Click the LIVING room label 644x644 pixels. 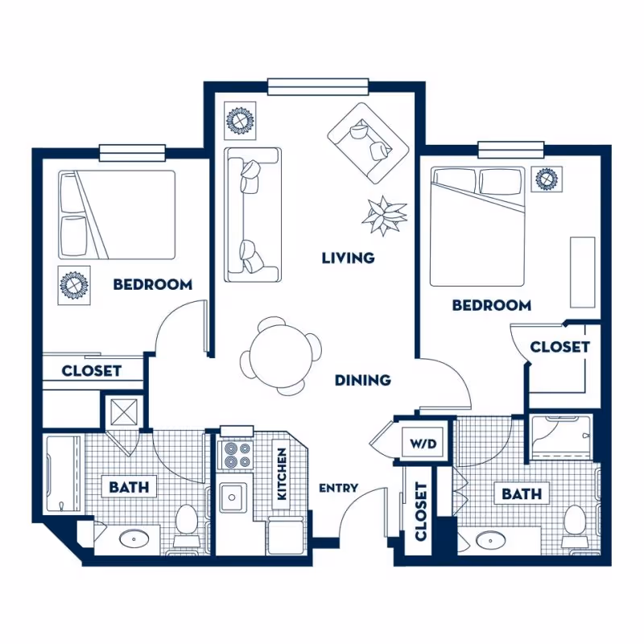pyautogui.click(x=348, y=258)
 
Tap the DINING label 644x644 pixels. pyautogui.click(x=363, y=380)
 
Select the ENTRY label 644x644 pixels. pyautogui.click(x=338, y=488)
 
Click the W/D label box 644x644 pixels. pyautogui.click(x=423, y=444)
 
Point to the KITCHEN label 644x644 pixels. pyautogui.click(x=283, y=475)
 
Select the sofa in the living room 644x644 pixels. pyautogui.click(x=252, y=214)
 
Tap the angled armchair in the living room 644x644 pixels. pyautogui.click(x=369, y=141)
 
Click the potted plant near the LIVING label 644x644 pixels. pyautogui.click(x=384, y=215)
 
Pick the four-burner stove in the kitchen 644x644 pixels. pyautogui.click(x=237, y=456)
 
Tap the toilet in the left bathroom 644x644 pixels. pyautogui.click(x=188, y=519)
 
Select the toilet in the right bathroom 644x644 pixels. pyautogui.click(x=575, y=519)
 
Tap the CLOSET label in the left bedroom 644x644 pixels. pyautogui.click(x=91, y=371)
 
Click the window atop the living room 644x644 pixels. pyautogui.click(x=318, y=85)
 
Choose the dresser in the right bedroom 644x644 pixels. pyautogui.click(x=582, y=271)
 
